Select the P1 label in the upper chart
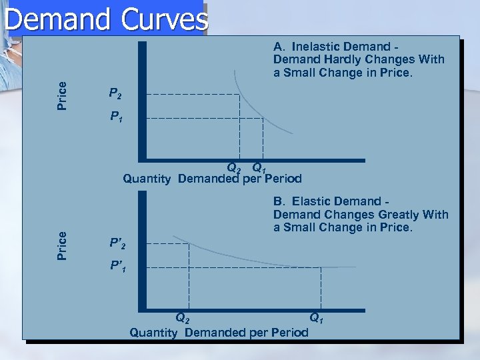[x=115, y=118]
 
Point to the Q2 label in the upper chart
[x=234, y=167]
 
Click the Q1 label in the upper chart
[x=259, y=167]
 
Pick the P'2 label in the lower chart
[x=117, y=244]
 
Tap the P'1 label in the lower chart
[x=117, y=267]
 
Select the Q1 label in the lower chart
[x=316, y=319]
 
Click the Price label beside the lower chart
[x=62, y=245]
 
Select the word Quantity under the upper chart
[x=147, y=179]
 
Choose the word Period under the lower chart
[x=289, y=332]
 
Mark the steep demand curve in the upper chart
[x=257, y=107]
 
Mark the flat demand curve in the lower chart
[x=253, y=256]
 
